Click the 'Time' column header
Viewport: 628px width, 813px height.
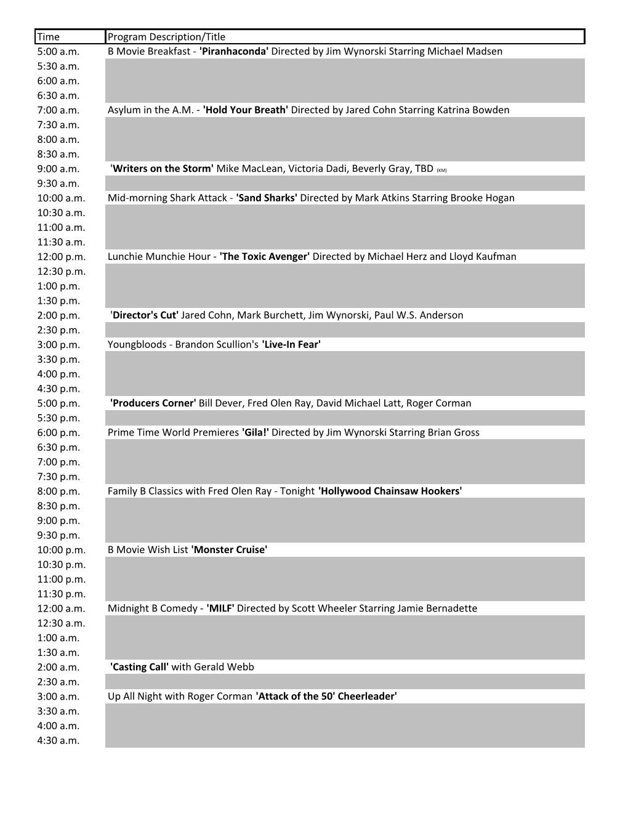[x=49, y=37]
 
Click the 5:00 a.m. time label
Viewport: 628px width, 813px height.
[x=58, y=51]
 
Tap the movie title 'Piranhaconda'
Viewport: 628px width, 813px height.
[x=234, y=51]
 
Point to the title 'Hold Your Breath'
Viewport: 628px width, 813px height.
[x=246, y=110]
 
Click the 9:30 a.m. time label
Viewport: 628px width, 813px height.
[x=58, y=184]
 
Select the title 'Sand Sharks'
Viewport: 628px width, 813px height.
[x=267, y=198]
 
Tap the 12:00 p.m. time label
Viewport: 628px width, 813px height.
[x=61, y=256]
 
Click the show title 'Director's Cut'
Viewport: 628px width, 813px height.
[x=145, y=315]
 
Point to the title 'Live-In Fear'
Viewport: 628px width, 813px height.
[x=291, y=344]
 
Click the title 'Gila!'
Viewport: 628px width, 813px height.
[x=256, y=432]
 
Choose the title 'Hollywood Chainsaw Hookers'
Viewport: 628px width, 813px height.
[x=390, y=491]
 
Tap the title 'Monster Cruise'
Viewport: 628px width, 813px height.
[x=229, y=549]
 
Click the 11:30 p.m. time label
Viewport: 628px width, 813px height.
[x=61, y=594]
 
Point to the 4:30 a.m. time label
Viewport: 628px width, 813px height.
[x=58, y=740]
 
